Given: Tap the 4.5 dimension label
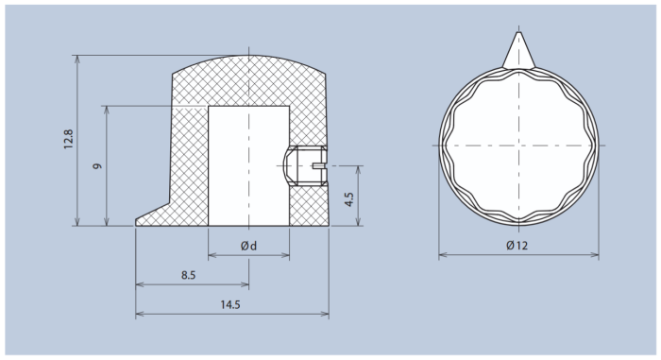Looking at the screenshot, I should (348, 199).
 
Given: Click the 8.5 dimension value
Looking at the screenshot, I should (189, 275).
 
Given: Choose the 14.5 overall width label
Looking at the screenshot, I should (229, 304).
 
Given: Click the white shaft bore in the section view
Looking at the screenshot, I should (247, 165).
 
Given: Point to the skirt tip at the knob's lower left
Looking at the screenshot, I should (140, 221).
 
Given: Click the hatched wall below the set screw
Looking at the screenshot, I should (308, 203).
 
